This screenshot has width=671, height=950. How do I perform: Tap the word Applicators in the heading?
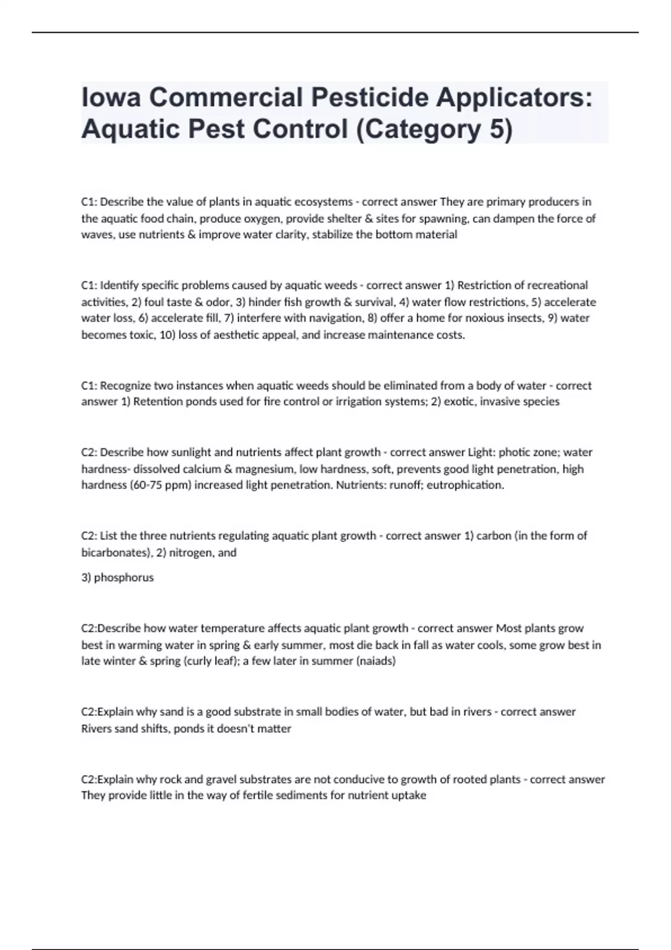tap(514, 98)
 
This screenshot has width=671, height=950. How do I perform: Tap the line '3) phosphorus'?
tap(117, 577)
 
